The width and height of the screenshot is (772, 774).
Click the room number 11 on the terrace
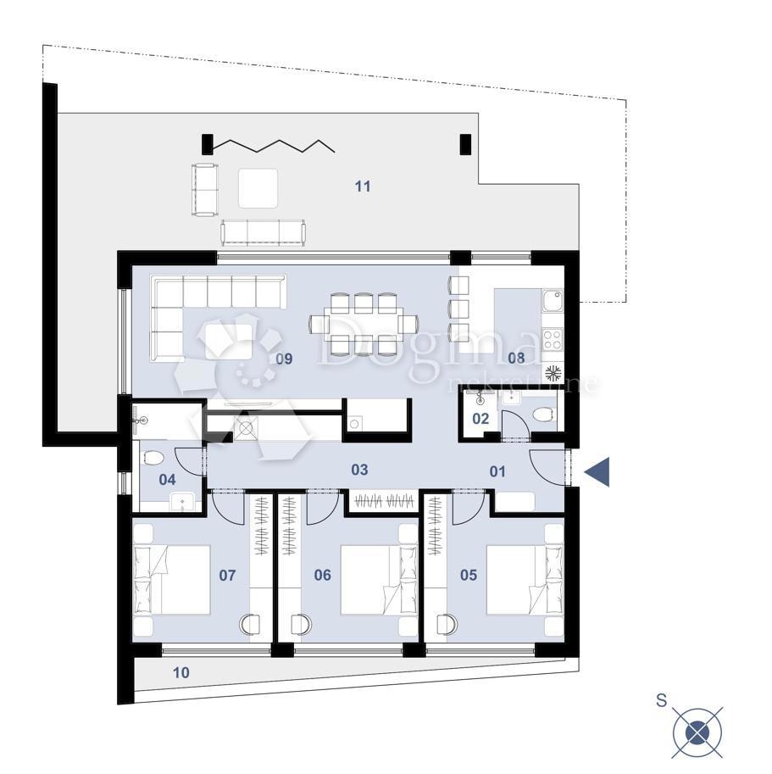tap(363, 187)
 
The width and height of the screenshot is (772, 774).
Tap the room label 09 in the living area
tap(284, 359)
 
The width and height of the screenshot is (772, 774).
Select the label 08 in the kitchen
tap(516, 358)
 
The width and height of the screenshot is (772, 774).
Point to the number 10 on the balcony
tap(181, 672)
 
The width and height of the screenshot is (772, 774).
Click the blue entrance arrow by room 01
tap(597, 471)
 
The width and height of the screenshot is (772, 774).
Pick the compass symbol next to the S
tap(697, 732)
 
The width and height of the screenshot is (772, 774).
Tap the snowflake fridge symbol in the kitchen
tap(553, 373)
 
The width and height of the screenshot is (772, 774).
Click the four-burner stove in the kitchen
tap(553, 340)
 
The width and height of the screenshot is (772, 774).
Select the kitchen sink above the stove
tap(553, 301)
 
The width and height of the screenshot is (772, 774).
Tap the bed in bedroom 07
tap(172, 580)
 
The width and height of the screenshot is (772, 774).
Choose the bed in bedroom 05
tap(525, 580)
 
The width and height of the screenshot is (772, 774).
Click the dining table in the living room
tap(364, 324)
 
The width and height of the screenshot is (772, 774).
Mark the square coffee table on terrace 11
tap(258, 188)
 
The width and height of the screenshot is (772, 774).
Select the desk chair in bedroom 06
tap(301, 625)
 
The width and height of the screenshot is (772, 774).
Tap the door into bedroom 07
tap(229, 508)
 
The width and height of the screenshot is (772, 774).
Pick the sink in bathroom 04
tap(182, 502)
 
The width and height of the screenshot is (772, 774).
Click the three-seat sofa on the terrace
tap(263, 232)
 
